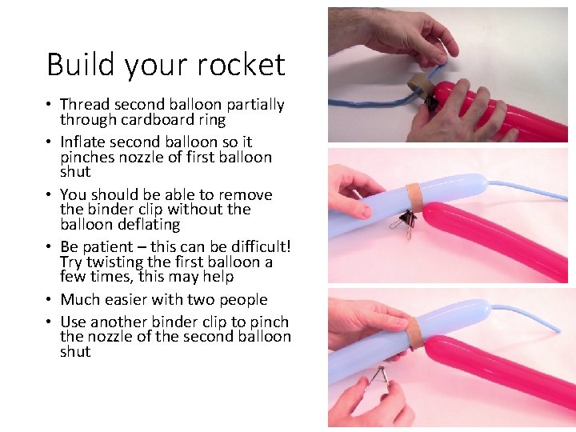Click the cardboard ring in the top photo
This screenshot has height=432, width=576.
click(418, 83)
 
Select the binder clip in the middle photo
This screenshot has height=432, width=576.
click(408, 223)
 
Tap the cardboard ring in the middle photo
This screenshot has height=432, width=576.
click(414, 197)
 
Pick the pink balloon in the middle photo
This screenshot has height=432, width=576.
click(496, 240)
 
